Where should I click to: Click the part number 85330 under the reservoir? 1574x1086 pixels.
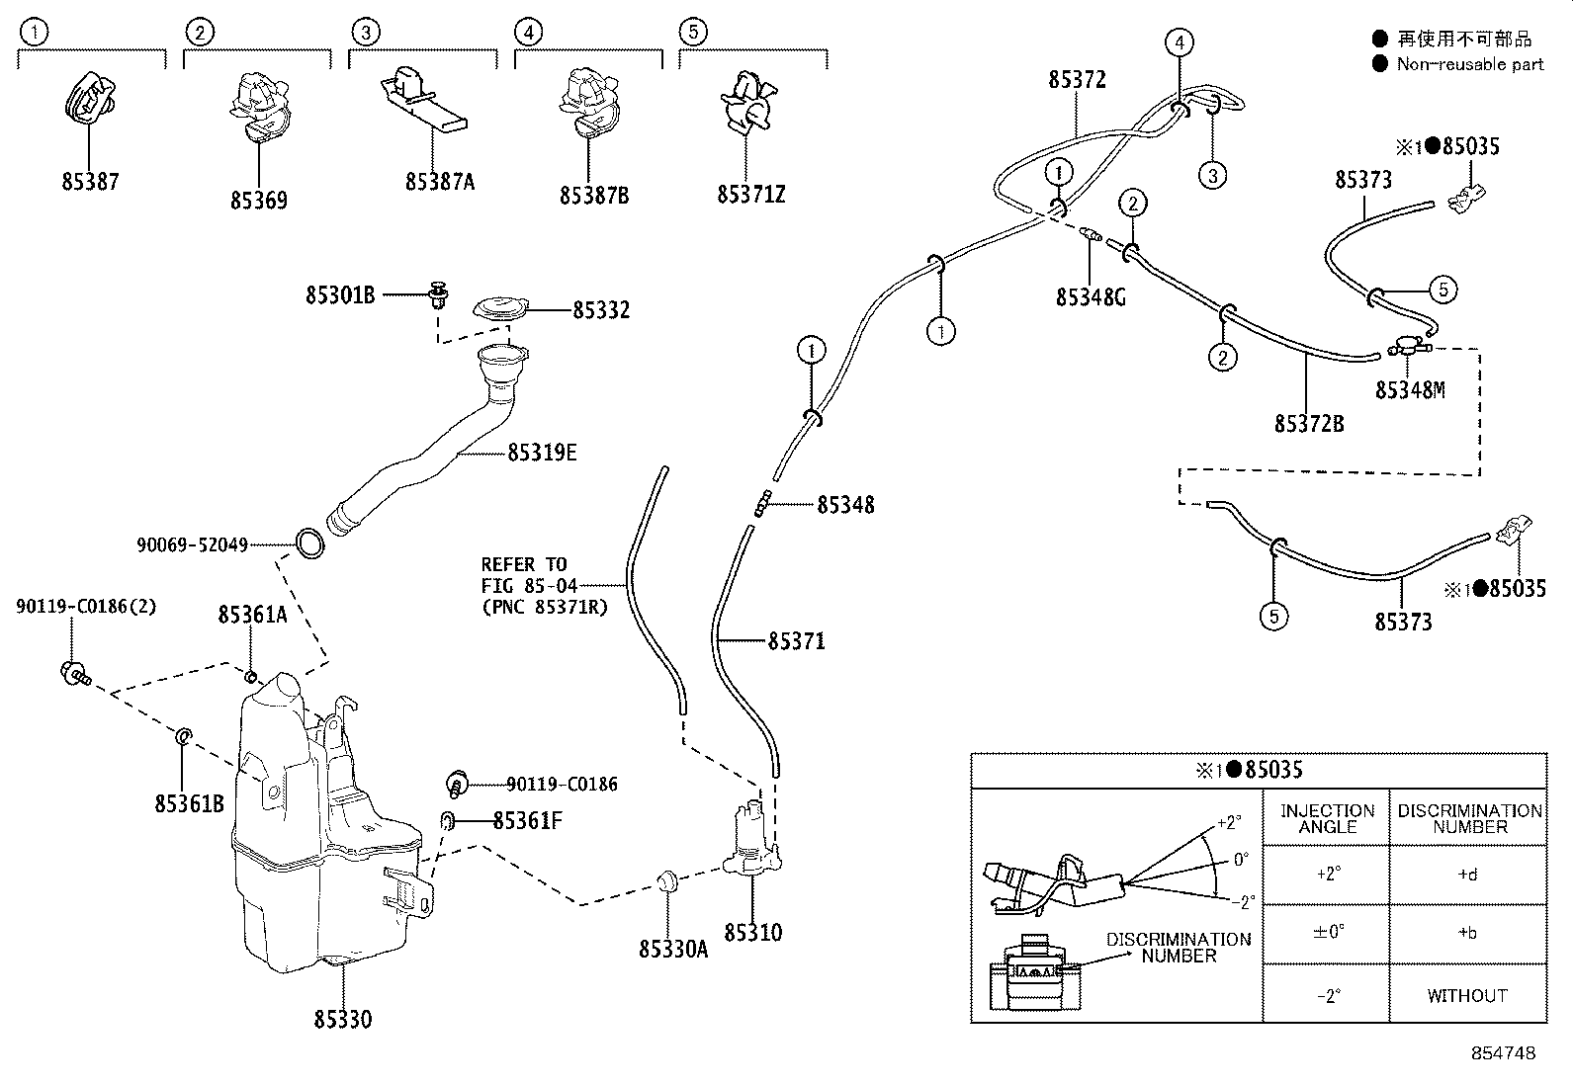pyautogui.click(x=342, y=1019)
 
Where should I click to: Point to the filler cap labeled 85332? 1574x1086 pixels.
pyautogui.click(x=500, y=309)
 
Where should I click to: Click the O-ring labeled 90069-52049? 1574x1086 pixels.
pyautogui.click(x=309, y=543)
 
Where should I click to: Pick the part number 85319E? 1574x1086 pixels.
pyautogui.click(x=542, y=454)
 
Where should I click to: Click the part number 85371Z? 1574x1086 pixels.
pyautogui.click(x=750, y=195)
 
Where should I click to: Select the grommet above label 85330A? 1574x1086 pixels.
pyautogui.click(x=666, y=880)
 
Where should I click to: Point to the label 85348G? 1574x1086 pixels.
pyautogui.click(x=1091, y=297)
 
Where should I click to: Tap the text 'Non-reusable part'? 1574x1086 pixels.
pyautogui.click(x=1470, y=64)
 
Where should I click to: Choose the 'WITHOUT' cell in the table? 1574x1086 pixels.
pyautogui.click(x=1467, y=995)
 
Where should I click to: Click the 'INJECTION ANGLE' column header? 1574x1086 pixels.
pyautogui.click(x=1328, y=818)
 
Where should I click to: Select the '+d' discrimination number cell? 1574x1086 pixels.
pyautogui.click(x=1467, y=875)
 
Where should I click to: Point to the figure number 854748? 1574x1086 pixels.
pyautogui.click(x=1504, y=1053)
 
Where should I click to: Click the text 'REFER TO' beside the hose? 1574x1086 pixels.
pyautogui.click(x=523, y=565)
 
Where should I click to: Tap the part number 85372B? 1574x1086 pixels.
pyautogui.click(x=1309, y=424)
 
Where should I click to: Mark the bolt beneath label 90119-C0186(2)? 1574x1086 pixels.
pyautogui.click(x=74, y=674)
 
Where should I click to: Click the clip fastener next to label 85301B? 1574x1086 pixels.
pyautogui.click(x=439, y=295)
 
